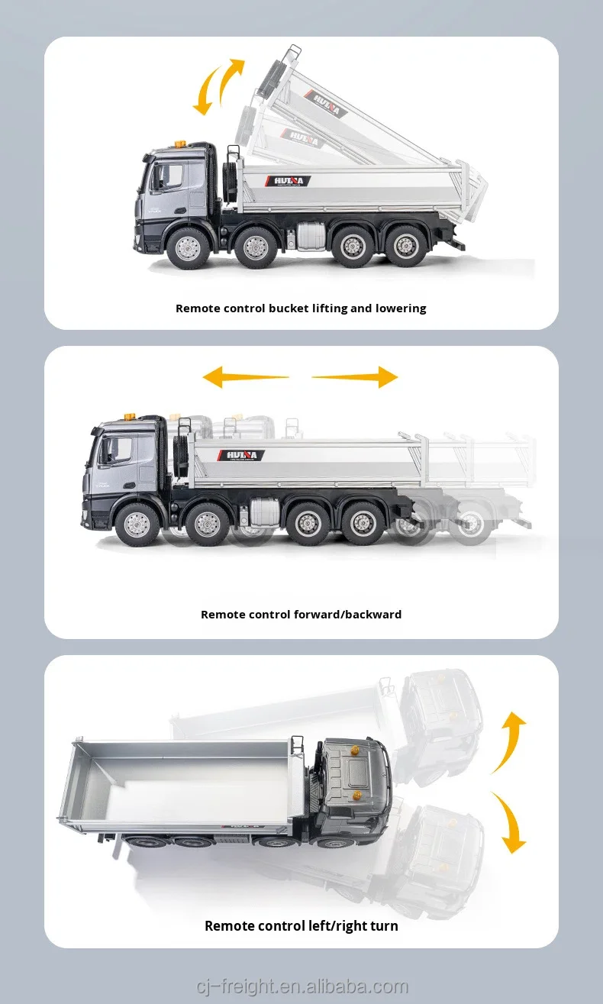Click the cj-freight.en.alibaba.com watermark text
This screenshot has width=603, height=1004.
[301, 986]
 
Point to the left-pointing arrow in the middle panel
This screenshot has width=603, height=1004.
[244, 377]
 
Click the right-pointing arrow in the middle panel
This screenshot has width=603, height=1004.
[356, 377]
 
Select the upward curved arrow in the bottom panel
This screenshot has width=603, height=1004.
[509, 741]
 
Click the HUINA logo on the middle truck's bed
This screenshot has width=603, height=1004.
[242, 455]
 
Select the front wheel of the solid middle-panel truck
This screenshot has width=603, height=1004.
[137, 523]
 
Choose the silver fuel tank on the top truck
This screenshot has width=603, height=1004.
[311, 235]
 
